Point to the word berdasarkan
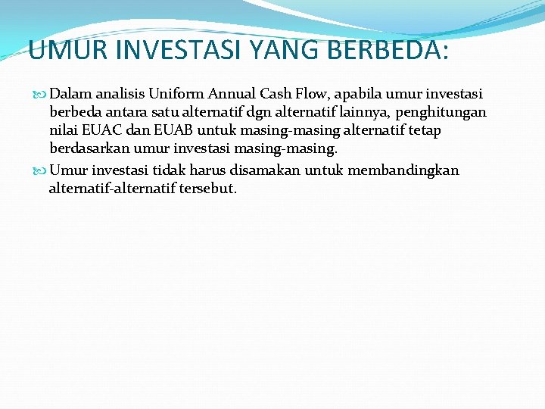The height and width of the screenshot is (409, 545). click(x=89, y=148)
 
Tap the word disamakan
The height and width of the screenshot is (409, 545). click(x=265, y=170)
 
